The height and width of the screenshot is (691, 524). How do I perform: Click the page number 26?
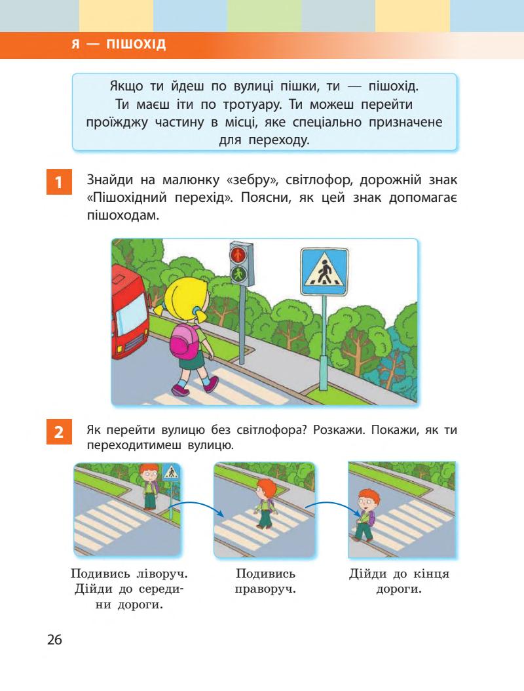54,639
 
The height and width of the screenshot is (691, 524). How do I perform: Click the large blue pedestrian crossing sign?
324,270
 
